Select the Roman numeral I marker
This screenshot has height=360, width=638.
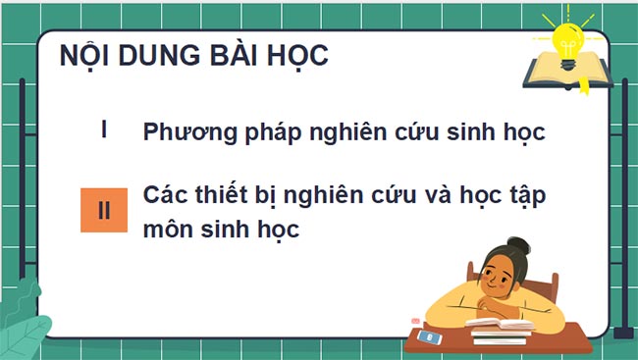click(104, 130)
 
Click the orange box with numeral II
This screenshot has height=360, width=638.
click(104, 210)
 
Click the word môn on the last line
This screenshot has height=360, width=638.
click(168, 231)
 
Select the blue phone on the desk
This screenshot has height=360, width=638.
click(429, 335)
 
